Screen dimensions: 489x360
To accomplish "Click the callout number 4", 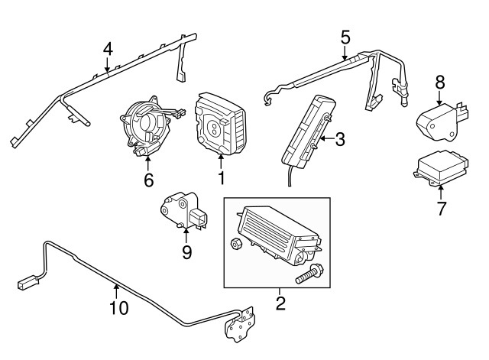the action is pyautogui.click(x=108, y=49).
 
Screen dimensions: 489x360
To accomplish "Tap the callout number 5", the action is pyautogui.click(x=345, y=37).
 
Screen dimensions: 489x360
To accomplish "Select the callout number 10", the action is pyautogui.click(x=119, y=308).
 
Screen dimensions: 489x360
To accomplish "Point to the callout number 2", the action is pyautogui.click(x=280, y=303).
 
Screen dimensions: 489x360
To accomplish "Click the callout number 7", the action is pyautogui.click(x=441, y=209).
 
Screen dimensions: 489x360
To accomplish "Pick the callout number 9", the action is pyautogui.click(x=186, y=252).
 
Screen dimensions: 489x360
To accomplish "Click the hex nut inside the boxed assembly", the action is pyautogui.click(x=236, y=243).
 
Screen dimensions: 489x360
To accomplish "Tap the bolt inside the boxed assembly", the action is pyautogui.click(x=309, y=274).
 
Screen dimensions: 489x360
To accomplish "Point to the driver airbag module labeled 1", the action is pyautogui.click(x=220, y=123).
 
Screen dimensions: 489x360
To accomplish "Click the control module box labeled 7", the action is pyautogui.click(x=441, y=169).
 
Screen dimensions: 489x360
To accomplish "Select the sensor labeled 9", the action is pyautogui.click(x=184, y=211).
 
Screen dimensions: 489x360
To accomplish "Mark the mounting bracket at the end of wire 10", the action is pyautogui.click(x=239, y=324).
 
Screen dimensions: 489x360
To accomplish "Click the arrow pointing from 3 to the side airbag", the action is pyautogui.click(x=326, y=138).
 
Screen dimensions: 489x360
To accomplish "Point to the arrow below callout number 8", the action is pyautogui.click(x=440, y=97).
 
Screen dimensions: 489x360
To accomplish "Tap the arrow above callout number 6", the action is pyautogui.click(x=148, y=164).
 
